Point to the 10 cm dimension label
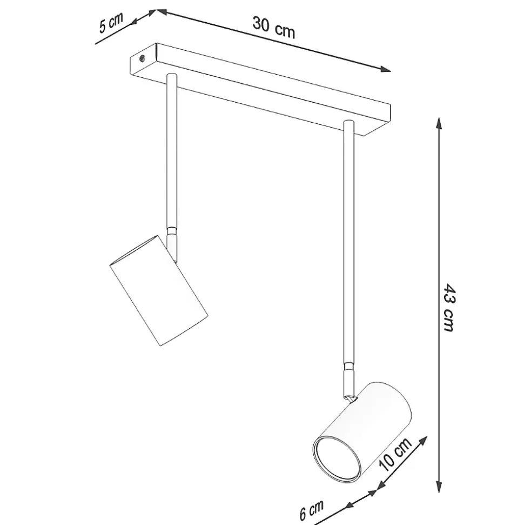click(395, 455)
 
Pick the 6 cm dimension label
click(312, 510)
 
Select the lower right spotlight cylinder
click(367, 427)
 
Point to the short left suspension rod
click(171, 151)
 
